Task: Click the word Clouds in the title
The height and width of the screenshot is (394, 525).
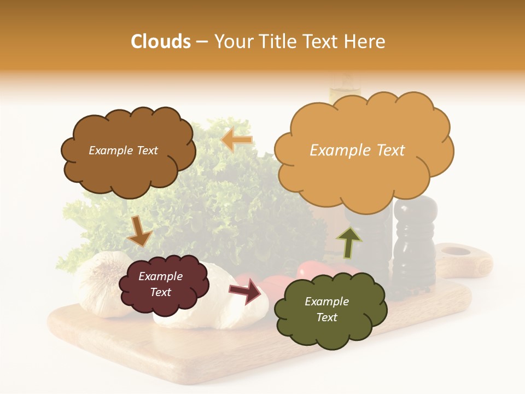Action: pos(161,42)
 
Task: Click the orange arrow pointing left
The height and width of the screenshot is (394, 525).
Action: pos(237,141)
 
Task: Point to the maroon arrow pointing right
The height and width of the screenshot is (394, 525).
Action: pos(247,291)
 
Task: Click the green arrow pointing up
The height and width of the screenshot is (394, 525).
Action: pos(349,241)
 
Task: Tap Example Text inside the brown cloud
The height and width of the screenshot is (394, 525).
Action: pos(123,150)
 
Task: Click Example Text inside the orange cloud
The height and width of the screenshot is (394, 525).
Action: pos(357,150)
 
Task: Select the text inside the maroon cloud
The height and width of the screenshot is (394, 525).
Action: pos(161,284)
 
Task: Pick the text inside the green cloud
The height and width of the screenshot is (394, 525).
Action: pos(326,309)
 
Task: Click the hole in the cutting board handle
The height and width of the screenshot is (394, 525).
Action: pos(456,252)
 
